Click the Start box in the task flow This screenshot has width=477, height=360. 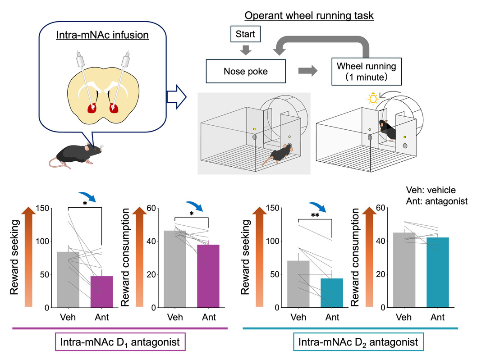246,34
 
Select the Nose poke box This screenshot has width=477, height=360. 246,71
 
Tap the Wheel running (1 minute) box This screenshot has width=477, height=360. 366,72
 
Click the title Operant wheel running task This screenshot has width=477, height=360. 309,15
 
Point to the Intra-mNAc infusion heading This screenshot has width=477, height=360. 102,35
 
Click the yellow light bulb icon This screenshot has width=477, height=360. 373,99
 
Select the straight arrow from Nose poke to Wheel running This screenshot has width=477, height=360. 307,71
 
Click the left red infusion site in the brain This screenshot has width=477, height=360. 92,108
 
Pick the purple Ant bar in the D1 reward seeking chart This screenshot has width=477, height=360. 101,292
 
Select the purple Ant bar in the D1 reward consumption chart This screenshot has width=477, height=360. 208,276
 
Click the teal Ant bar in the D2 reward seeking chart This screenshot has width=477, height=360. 331,293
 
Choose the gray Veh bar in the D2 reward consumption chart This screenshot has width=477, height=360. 404,270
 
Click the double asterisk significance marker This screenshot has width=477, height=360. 315,215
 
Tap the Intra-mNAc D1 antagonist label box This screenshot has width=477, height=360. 120,342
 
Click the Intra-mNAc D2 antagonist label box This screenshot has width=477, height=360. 358,342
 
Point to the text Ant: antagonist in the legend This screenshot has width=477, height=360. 436,201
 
